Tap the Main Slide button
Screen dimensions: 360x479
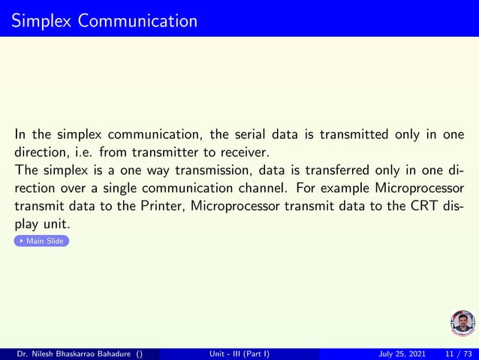click(42, 241)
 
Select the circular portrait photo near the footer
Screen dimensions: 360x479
click(462, 323)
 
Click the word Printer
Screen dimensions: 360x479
click(155, 207)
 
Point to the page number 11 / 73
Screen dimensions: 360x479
click(457, 354)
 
